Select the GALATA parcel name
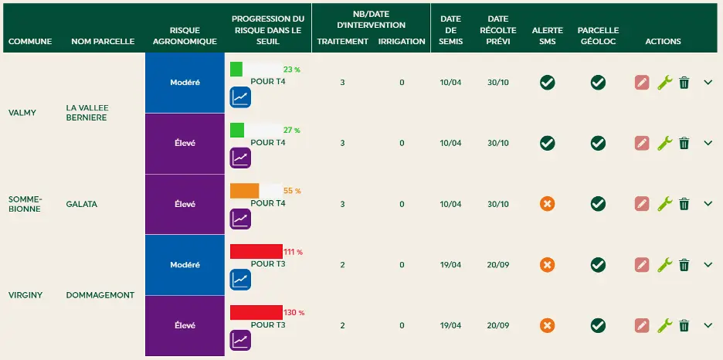(x=82, y=204)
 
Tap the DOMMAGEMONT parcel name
(x=100, y=295)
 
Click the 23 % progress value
(x=291, y=70)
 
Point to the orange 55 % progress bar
(x=244, y=191)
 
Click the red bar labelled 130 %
(x=256, y=312)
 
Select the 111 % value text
(x=294, y=252)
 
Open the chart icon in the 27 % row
(x=240, y=158)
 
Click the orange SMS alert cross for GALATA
(x=547, y=204)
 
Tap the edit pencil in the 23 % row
(x=641, y=82)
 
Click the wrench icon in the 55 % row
(x=664, y=204)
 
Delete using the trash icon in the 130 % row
(x=684, y=325)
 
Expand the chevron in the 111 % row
(x=708, y=264)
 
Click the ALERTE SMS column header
(x=548, y=36)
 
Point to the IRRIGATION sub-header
(x=402, y=42)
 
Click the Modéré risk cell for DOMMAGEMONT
(x=185, y=265)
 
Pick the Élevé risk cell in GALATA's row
(x=185, y=204)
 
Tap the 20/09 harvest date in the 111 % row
(x=498, y=265)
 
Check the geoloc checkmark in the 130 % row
(x=598, y=325)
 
